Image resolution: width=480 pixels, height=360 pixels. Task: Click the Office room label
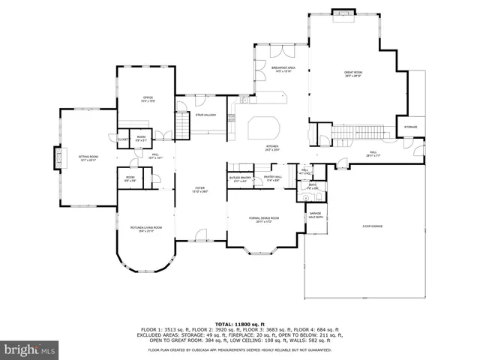pos(148,100)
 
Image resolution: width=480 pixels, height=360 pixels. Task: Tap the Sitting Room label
pos(88,158)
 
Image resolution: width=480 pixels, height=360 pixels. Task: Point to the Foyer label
pos(200,190)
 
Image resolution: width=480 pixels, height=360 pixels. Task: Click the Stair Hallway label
pos(205,115)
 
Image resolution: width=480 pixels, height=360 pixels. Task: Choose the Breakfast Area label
pos(283,69)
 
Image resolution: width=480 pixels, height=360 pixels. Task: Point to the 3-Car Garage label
pos(373,226)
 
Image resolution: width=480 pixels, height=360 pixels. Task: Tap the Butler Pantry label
pos(240,178)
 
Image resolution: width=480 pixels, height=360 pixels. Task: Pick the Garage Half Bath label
pos(316,215)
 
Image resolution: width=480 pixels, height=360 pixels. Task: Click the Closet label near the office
pos(121,139)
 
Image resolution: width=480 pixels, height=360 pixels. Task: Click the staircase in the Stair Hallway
pos(181,121)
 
